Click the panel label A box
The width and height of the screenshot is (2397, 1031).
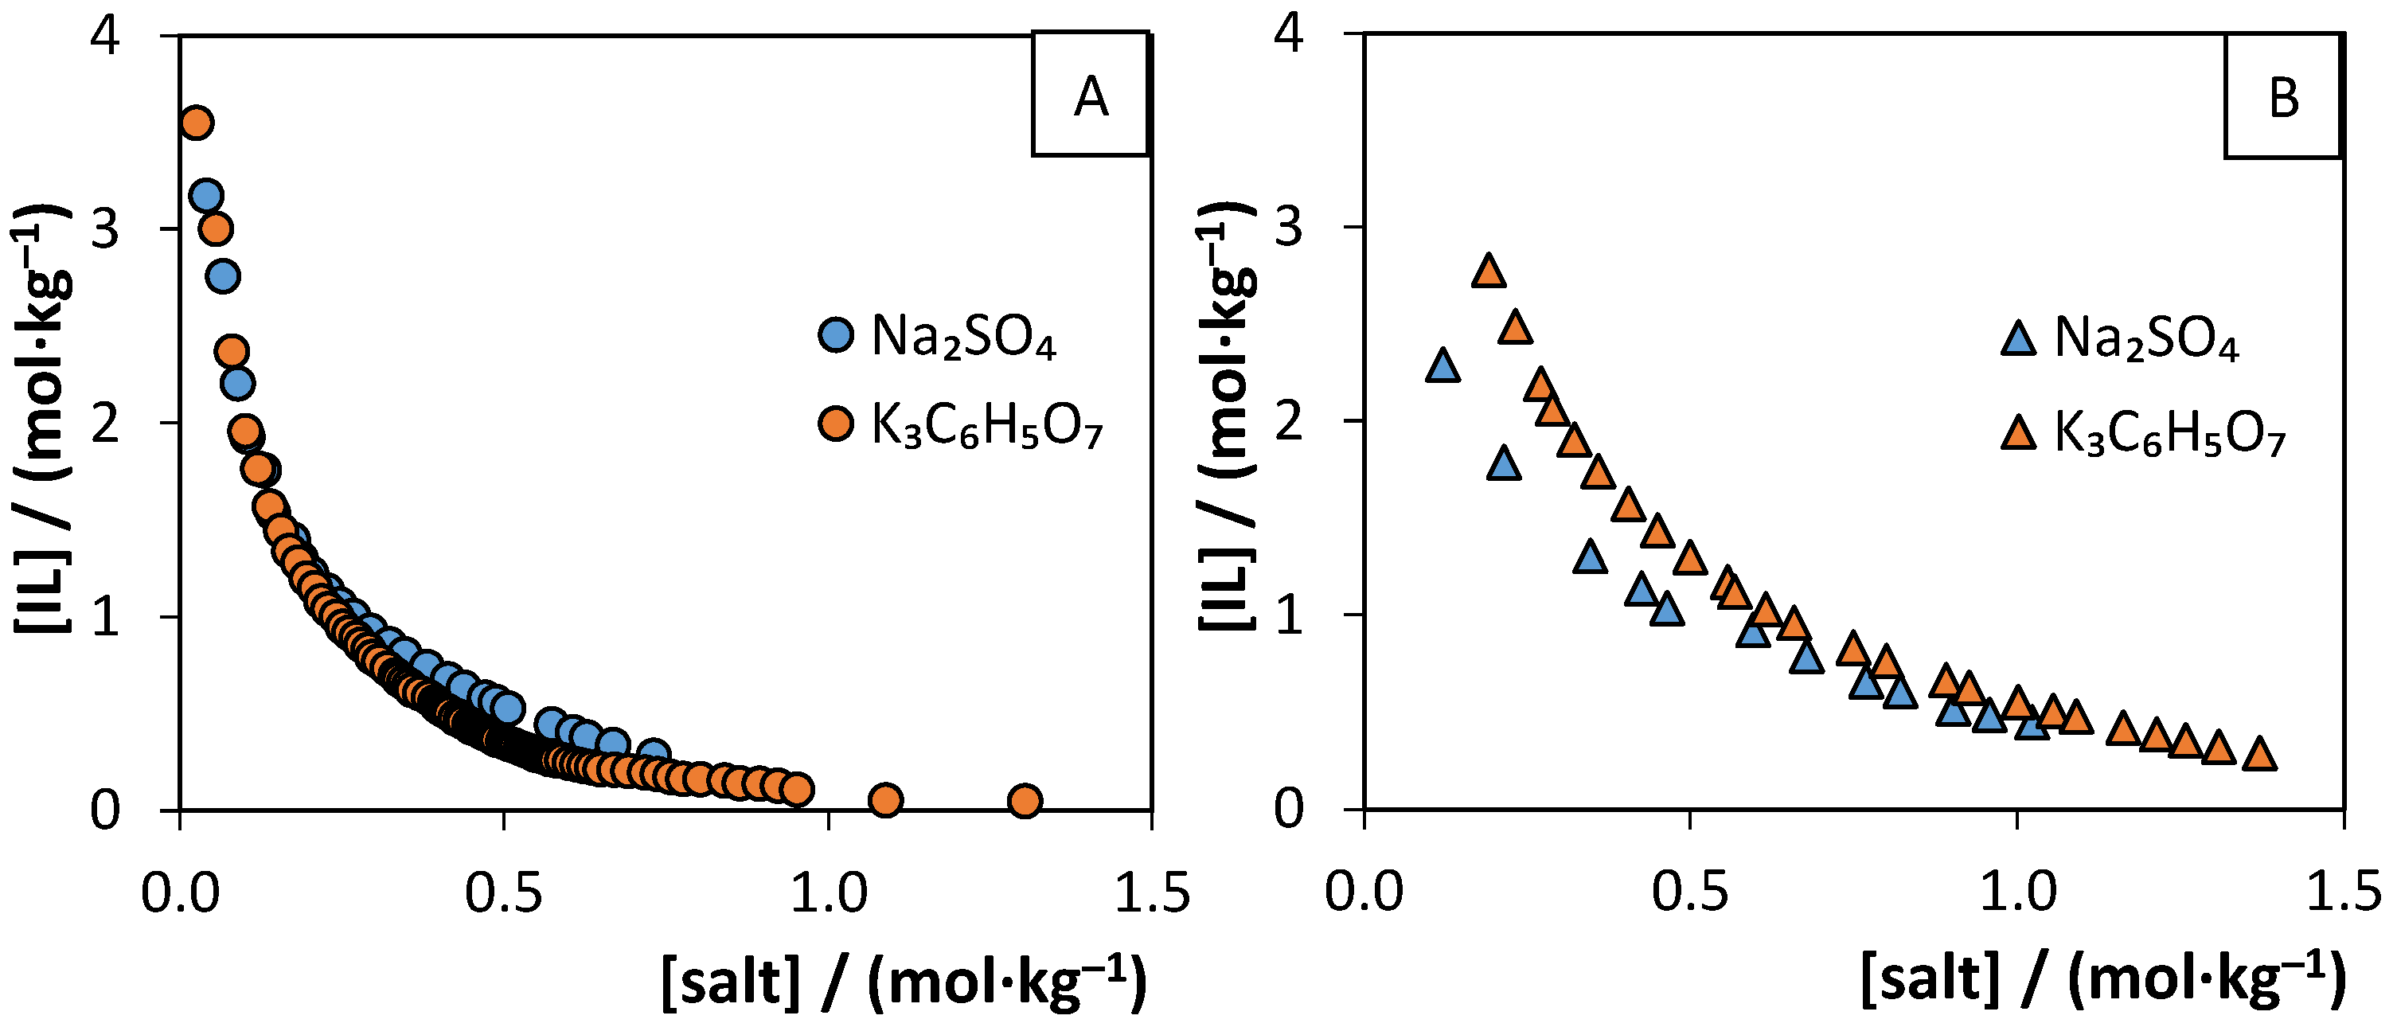point(1090,94)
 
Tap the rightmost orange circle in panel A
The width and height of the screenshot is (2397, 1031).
point(1024,800)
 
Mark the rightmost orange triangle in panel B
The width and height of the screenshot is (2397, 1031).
point(2259,755)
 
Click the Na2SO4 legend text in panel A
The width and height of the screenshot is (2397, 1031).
point(963,336)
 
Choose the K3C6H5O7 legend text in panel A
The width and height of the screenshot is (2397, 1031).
point(986,427)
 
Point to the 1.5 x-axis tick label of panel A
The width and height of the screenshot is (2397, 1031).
point(1152,893)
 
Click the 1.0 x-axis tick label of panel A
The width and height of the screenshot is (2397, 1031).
point(828,893)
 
